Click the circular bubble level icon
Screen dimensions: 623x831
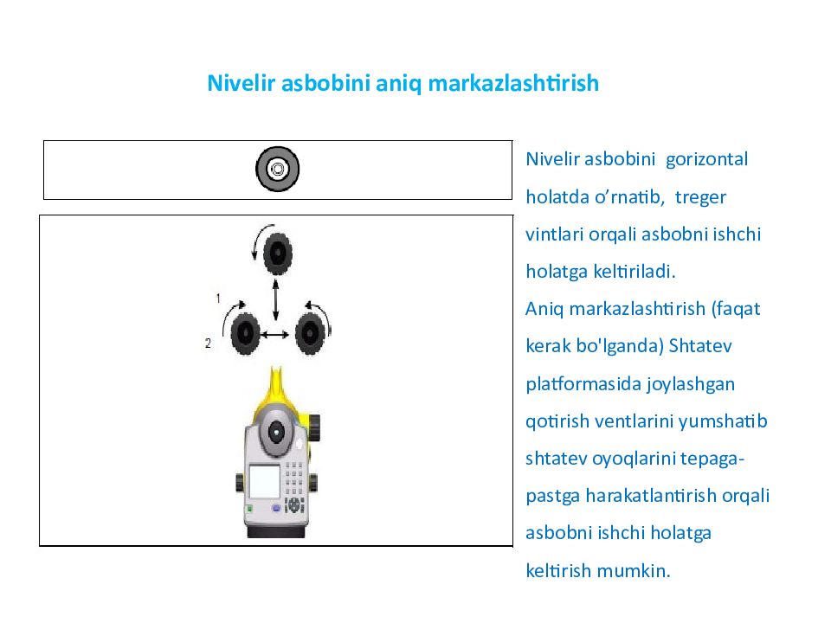[x=277, y=170]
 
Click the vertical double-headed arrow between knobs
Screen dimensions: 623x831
[x=276, y=299]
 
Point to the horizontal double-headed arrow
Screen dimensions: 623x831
[x=276, y=334]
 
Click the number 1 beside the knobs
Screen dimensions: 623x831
[x=218, y=298]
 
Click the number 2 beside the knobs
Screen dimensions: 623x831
[x=208, y=344]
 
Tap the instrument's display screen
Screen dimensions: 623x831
[x=264, y=481]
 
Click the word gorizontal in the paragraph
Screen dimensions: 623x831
[x=705, y=160]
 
